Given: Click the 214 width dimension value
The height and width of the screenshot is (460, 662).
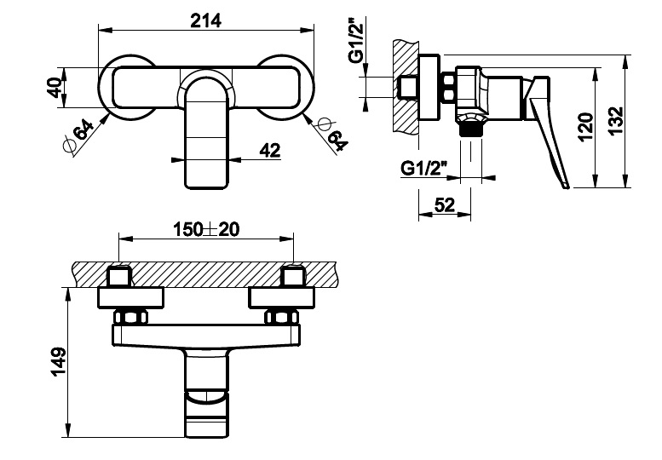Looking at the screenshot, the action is coord(205,20).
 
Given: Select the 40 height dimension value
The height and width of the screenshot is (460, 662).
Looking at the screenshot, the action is coord(55,88).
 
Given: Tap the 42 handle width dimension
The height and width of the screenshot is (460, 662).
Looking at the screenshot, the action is coord(270,150).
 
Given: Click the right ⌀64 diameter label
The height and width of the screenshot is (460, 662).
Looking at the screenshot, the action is coord(331,135).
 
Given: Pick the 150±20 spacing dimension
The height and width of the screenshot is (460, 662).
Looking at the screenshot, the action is coord(206,230).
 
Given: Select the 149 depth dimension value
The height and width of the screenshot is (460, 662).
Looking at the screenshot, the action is coord(58,362).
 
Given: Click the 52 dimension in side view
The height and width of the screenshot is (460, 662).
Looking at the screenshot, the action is coord(445,205).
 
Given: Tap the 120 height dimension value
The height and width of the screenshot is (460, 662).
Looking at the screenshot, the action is coord(585,127).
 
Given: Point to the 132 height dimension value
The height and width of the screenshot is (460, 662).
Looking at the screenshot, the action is coord(616,121).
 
